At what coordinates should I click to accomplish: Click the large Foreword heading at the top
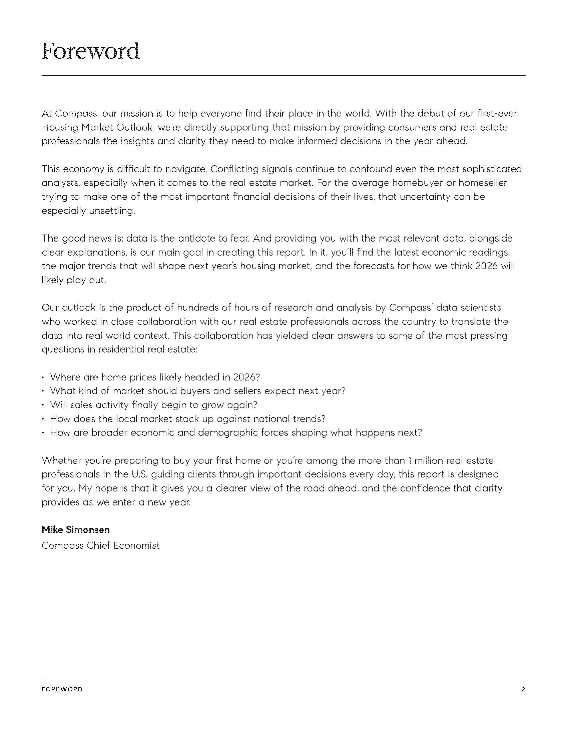(x=90, y=51)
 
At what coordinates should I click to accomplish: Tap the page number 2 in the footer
(x=523, y=689)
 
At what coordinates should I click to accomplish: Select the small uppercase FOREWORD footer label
(x=62, y=689)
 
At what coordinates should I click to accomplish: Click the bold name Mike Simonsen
(x=76, y=530)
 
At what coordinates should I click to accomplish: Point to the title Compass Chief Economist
(x=100, y=545)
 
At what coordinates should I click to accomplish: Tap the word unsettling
(x=111, y=211)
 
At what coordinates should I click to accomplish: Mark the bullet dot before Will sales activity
(x=43, y=405)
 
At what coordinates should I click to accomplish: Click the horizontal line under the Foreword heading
(x=283, y=76)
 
